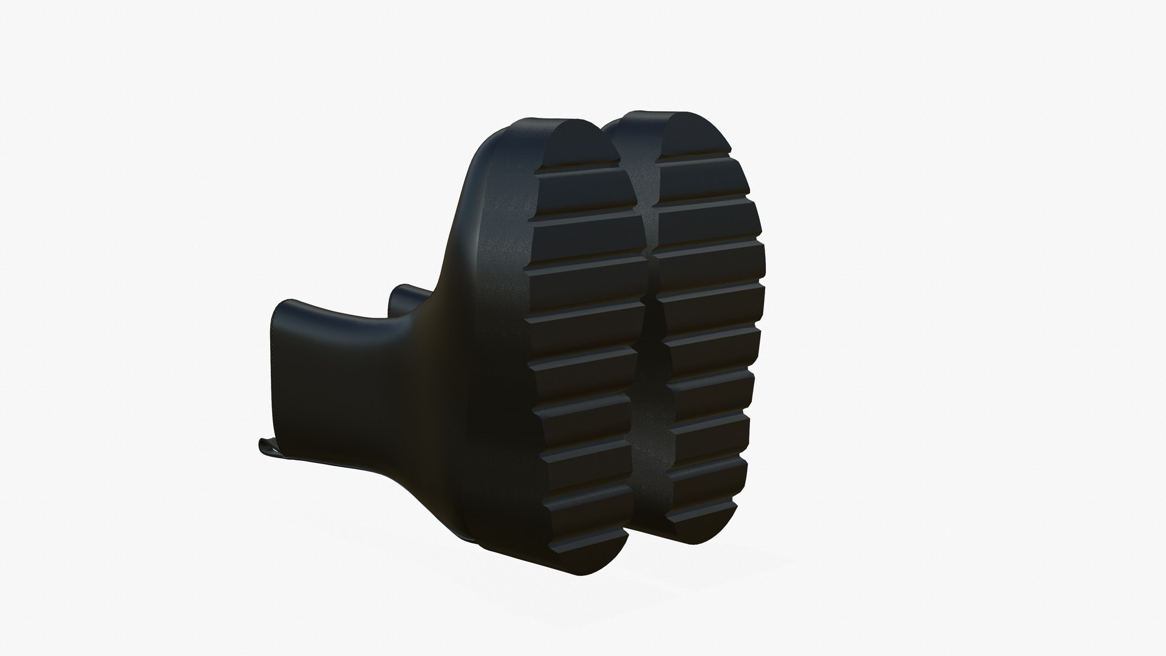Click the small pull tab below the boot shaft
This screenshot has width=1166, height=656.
(267, 446)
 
